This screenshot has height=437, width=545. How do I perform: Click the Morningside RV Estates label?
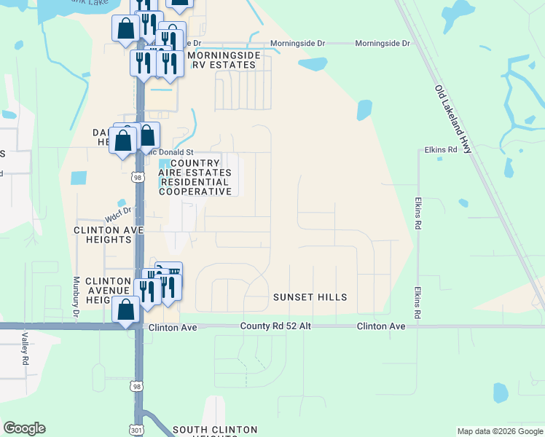click(x=221, y=60)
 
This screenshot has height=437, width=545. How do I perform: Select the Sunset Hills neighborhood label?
click(x=310, y=297)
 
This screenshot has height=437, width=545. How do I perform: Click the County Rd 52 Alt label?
click(x=275, y=326)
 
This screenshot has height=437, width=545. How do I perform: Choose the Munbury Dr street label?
click(x=76, y=299)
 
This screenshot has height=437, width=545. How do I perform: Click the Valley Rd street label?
click(x=25, y=349)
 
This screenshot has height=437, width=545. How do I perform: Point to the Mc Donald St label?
click(x=170, y=152)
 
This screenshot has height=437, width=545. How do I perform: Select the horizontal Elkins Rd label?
click(x=440, y=150)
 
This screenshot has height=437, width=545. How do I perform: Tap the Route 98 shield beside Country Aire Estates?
click(x=137, y=176)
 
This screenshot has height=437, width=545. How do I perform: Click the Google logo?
click(x=24, y=428)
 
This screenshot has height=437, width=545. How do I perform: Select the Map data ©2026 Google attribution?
click(x=500, y=431)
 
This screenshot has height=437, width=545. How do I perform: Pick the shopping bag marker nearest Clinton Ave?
click(x=126, y=309)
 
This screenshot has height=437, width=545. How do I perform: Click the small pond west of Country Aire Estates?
click(x=77, y=178)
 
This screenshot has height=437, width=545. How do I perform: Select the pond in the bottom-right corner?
click(x=500, y=393)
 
